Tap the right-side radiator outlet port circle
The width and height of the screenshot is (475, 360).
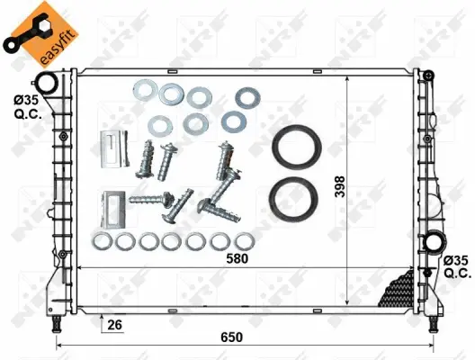pos(436,243)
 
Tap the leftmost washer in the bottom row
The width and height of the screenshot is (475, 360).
pos(102,241)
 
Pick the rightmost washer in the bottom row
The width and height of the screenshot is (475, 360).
pos(243,241)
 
